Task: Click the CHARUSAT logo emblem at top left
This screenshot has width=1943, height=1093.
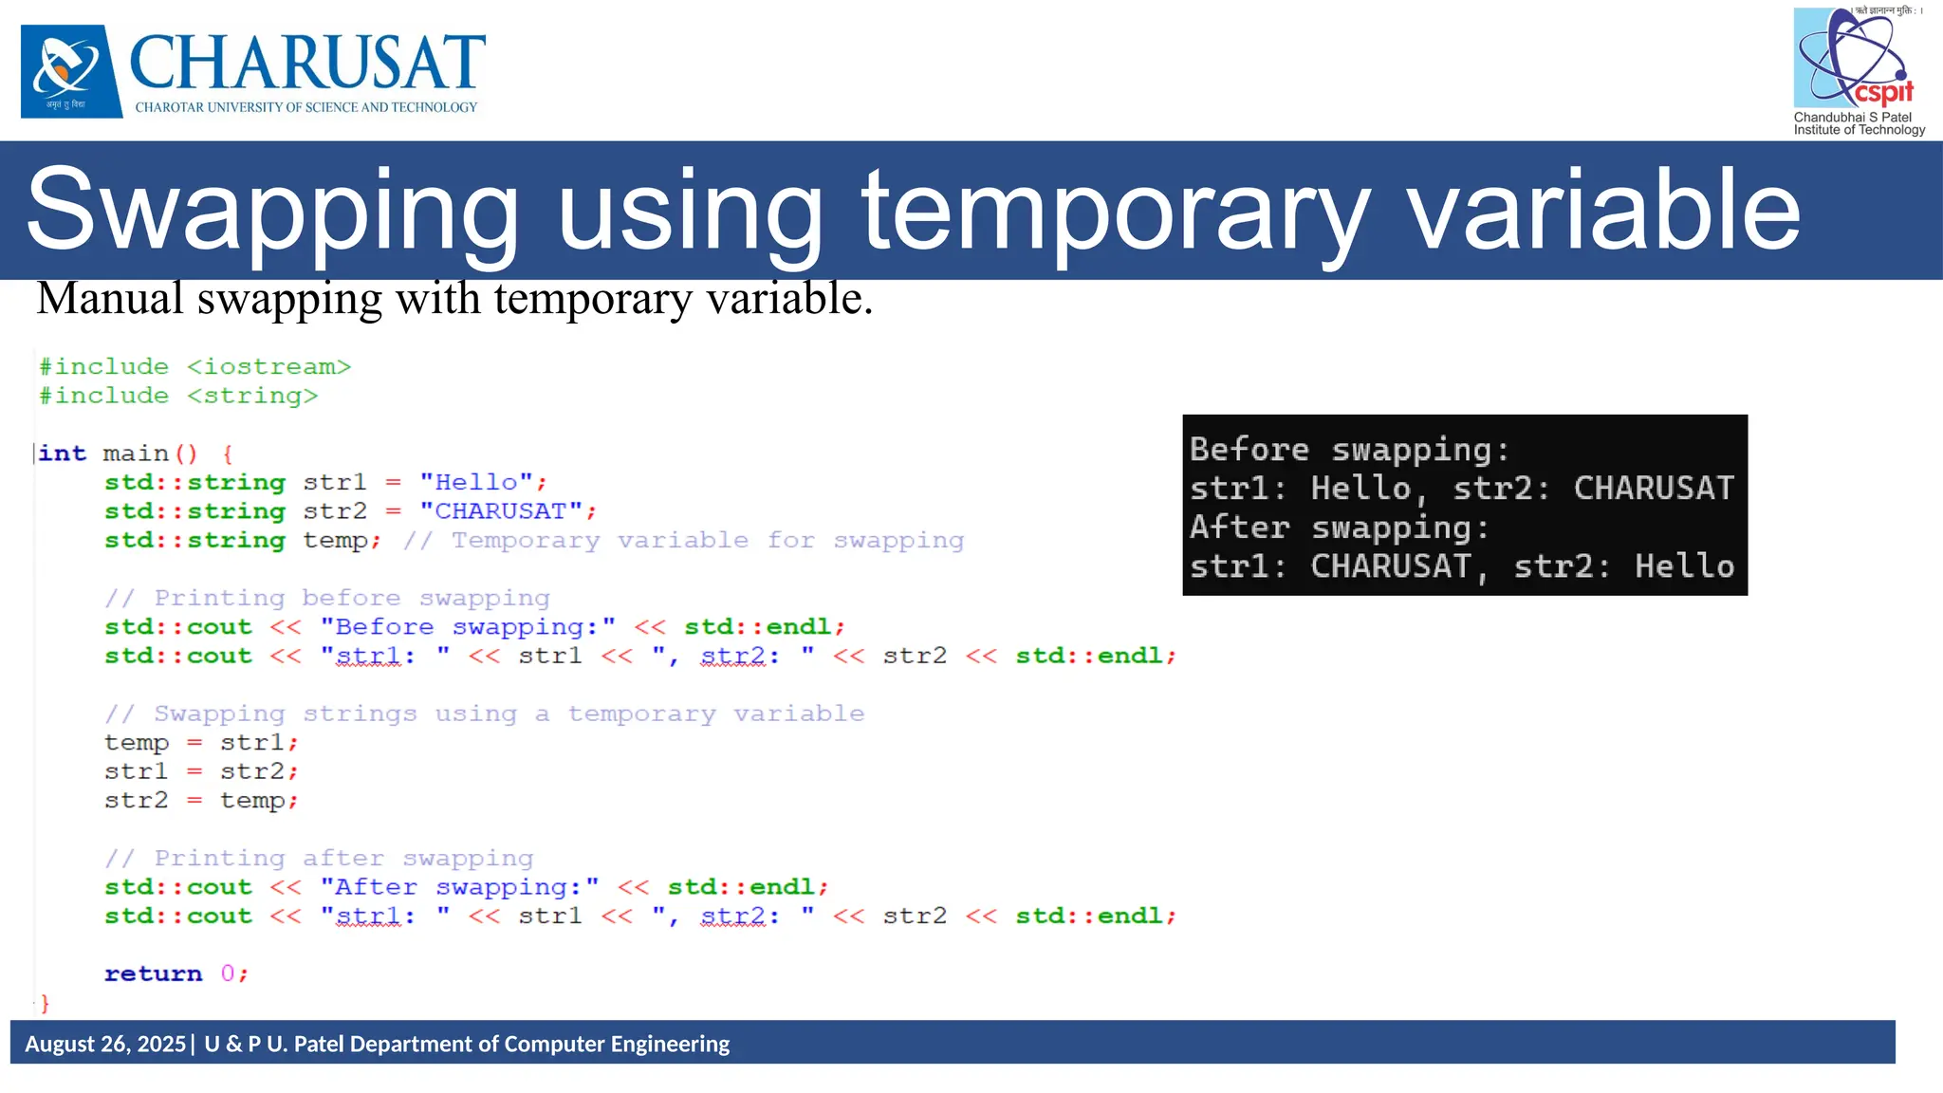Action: click(71, 71)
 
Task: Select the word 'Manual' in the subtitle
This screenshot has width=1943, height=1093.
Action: click(110, 299)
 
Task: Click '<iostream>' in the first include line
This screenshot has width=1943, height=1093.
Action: click(268, 367)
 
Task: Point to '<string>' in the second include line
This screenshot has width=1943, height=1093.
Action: click(252, 396)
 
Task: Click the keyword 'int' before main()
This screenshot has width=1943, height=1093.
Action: click(63, 454)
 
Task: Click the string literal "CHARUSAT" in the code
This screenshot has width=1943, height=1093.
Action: click(501, 511)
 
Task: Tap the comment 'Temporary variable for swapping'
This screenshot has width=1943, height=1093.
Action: click(707, 541)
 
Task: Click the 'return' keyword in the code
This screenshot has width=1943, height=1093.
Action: click(153, 974)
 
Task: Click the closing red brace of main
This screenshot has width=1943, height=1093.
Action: click(45, 1003)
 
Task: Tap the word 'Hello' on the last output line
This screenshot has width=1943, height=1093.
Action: click(1684, 566)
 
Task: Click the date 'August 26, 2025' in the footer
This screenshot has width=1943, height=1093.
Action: click(105, 1044)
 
